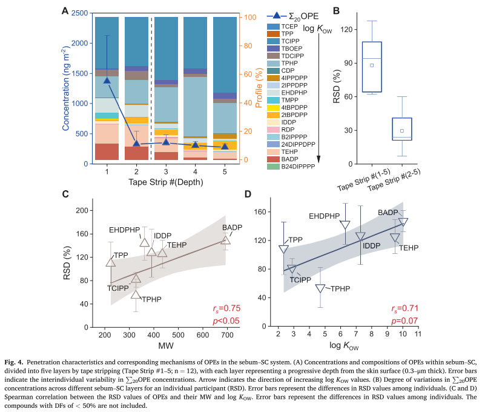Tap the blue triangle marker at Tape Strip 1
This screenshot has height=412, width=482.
pos(107,80)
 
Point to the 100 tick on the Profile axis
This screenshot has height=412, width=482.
pos(248,18)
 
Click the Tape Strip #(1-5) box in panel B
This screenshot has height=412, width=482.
pos(372,67)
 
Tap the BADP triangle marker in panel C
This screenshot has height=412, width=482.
pos(225,240)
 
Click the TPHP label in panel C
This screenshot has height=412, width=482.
pos(151,299)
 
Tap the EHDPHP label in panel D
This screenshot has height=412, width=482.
pos(325,216)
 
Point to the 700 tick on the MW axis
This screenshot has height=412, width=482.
pos(228,334)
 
